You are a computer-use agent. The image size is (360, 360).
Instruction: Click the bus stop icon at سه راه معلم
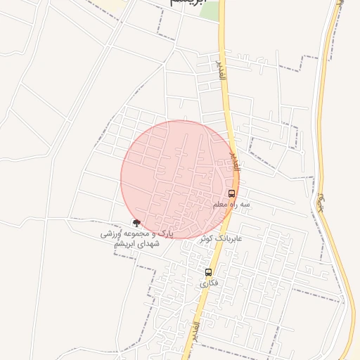tap(231, 193)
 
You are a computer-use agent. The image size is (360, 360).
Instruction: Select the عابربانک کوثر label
tap(220, 239)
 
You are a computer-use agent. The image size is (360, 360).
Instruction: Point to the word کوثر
tap(207, 239)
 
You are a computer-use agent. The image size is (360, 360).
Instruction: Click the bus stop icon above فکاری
tap(208, 272)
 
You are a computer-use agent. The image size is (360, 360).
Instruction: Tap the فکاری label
tap(210, 283)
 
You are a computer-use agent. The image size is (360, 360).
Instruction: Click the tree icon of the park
tap(136, 223)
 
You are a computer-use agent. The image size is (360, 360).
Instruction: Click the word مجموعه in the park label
tap(139, 233)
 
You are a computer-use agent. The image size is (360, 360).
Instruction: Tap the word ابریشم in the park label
tap(124, 243)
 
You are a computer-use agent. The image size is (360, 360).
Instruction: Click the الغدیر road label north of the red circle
tap(222, 70)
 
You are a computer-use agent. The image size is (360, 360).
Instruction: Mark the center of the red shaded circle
tap(180, 179)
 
